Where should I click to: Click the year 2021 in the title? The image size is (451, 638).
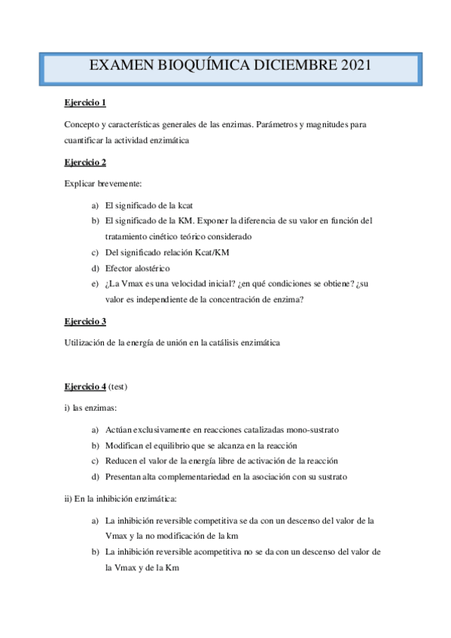[x=351, y=66]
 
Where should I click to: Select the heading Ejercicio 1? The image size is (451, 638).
[x=85, y=102]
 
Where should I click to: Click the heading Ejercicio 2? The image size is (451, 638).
[x=85, y=162]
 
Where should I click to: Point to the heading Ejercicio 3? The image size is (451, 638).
[x=85, y=321]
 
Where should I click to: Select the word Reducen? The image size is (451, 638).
[x=123, y=460]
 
